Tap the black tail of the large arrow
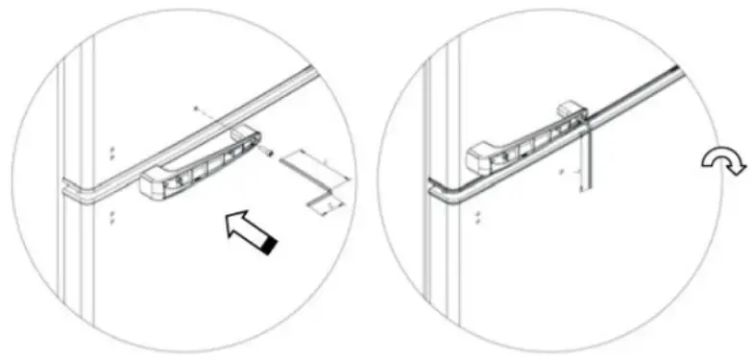pyautogui.click(x=272, y=246)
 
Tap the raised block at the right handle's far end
pyautogui.click(x=571, y=111)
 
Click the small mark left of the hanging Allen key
pyautogui.click(x=561, y=174)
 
